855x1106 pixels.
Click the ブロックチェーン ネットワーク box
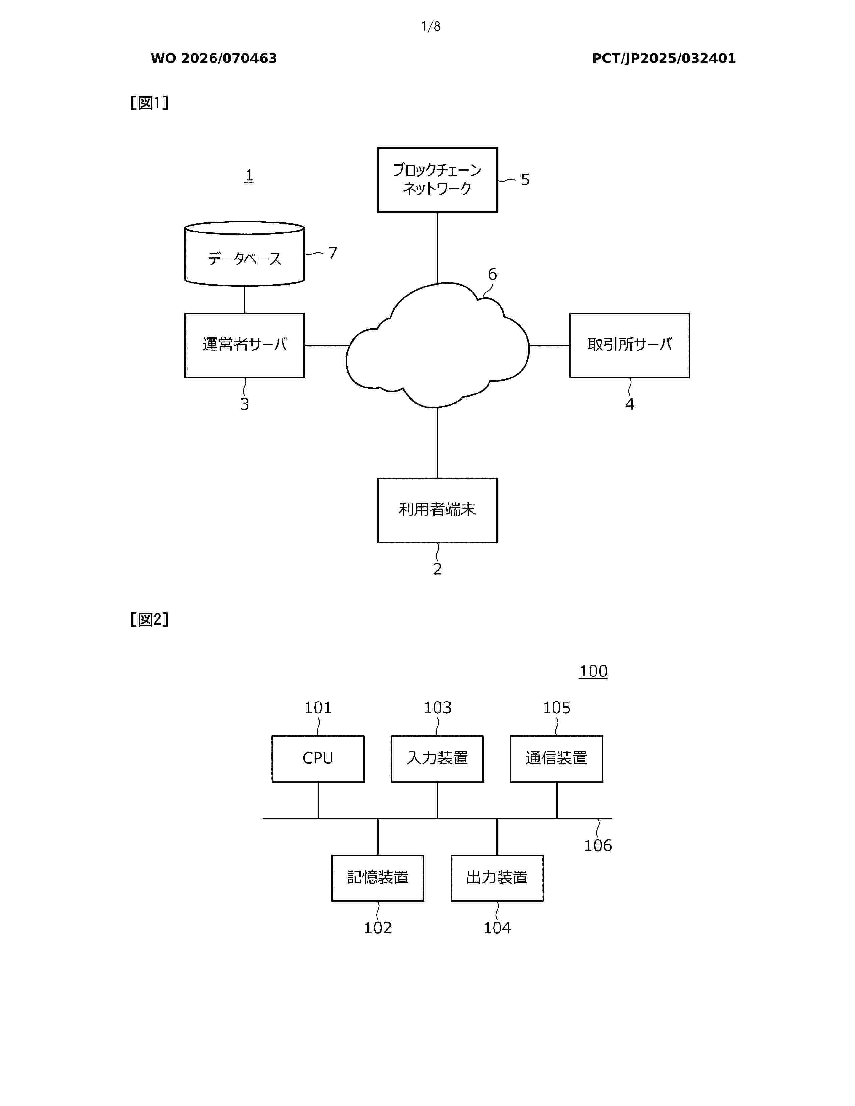[437, 180]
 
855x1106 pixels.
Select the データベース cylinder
[245, 253]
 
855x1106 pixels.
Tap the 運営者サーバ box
[245, 345]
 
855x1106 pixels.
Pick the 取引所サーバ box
[630, 345]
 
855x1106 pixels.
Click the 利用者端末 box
[437, 510]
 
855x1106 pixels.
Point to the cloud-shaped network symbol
[437, 345]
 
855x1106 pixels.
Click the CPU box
[318, 758]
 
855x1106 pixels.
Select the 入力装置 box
[437, 758]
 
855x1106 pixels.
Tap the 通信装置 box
[557, 758]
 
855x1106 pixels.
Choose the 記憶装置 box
[378, 878]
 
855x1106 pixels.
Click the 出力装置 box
[497, 878]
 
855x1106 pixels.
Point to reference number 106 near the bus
[598, 845]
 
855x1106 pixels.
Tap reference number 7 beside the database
[333, 253]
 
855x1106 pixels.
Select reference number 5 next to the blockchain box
[525, 179]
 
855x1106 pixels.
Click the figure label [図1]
[150, 103]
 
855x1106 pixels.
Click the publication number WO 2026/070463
[214, 58]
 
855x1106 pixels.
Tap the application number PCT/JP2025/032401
[664, 58]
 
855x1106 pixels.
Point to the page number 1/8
[431, 26]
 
